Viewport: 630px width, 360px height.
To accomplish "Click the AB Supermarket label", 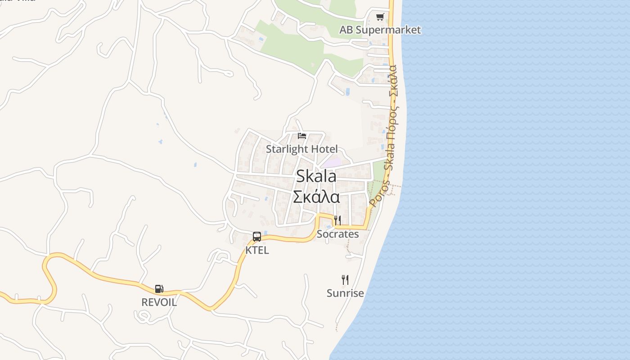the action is click(x=380, y=30).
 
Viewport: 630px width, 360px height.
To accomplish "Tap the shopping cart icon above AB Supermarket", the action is click(x=380, y=17).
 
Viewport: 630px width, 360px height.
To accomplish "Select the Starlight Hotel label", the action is click(x=301, y=149).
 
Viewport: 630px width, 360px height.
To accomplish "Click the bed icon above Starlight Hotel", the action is click(x=302, y=135).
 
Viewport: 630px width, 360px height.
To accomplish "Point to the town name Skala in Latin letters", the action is click(x=316, y=176).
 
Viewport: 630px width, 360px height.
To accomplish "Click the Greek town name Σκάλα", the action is click(x=316, y=197).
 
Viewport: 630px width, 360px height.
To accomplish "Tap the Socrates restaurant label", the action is click(x=337, y=234).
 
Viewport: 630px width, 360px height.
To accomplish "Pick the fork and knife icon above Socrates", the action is click(x=337, y=220).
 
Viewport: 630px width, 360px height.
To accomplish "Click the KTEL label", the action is click(x=257, y=250).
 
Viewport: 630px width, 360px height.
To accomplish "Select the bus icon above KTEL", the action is click(x=257, y=236).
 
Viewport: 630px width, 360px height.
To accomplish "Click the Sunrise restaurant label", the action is click(x=345, y=293).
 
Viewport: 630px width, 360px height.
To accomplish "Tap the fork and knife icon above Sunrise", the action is click(x=345, y=279).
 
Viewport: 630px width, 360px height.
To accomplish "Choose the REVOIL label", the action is click(x=159, y=302).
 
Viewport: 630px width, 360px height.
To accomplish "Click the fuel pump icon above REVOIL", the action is click(x=159, y=289).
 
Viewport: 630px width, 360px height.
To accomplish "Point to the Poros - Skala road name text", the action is click(x=390, y=135).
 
